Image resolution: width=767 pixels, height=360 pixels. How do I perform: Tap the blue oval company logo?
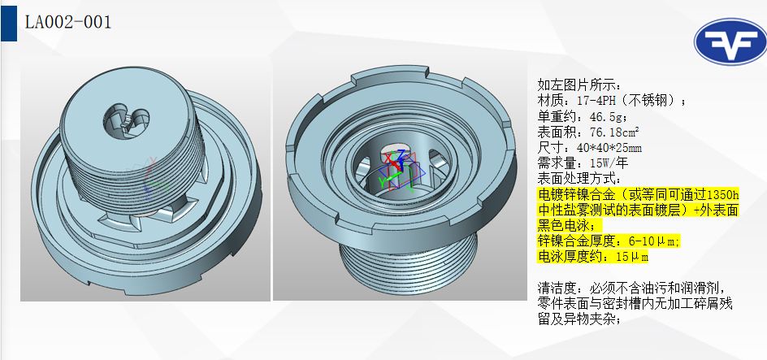click(x=728, y=46)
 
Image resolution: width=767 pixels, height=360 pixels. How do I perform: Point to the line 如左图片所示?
click(x=578, y=85)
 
